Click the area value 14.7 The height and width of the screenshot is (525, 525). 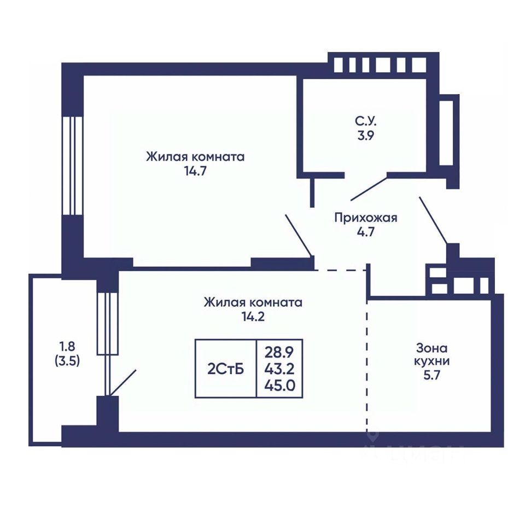(x=195, y=171)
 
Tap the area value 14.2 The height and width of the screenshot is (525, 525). (x=253, y=317)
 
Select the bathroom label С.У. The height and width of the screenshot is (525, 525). (x=366, y=121)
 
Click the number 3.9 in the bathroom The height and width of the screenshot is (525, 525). (x=366, y=135)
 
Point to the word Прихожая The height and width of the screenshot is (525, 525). (x=366, y=218)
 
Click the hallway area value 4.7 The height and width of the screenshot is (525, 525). (x=366, y=232)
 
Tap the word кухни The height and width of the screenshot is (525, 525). (x=432, y=361)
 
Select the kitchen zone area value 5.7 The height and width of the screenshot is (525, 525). (x=432, y=376)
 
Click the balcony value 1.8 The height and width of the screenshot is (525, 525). (x=67, y=346)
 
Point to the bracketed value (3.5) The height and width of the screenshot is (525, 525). (x=67, y=361)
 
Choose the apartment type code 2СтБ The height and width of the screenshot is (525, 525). (x=226, y=369)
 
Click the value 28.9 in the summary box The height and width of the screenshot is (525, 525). (x=279, y=352)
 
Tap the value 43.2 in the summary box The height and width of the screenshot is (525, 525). (x=279, y=369)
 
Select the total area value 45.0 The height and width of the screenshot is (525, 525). (x=279, y=386)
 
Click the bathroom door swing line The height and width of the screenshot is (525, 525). (x=369, y=189)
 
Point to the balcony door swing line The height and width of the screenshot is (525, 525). (x=122, y=383)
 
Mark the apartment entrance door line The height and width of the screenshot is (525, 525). (x=433, y=220)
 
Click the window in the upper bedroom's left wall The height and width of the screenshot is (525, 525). (x=72, y=165)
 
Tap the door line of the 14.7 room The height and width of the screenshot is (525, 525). (x=299, y=235)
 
